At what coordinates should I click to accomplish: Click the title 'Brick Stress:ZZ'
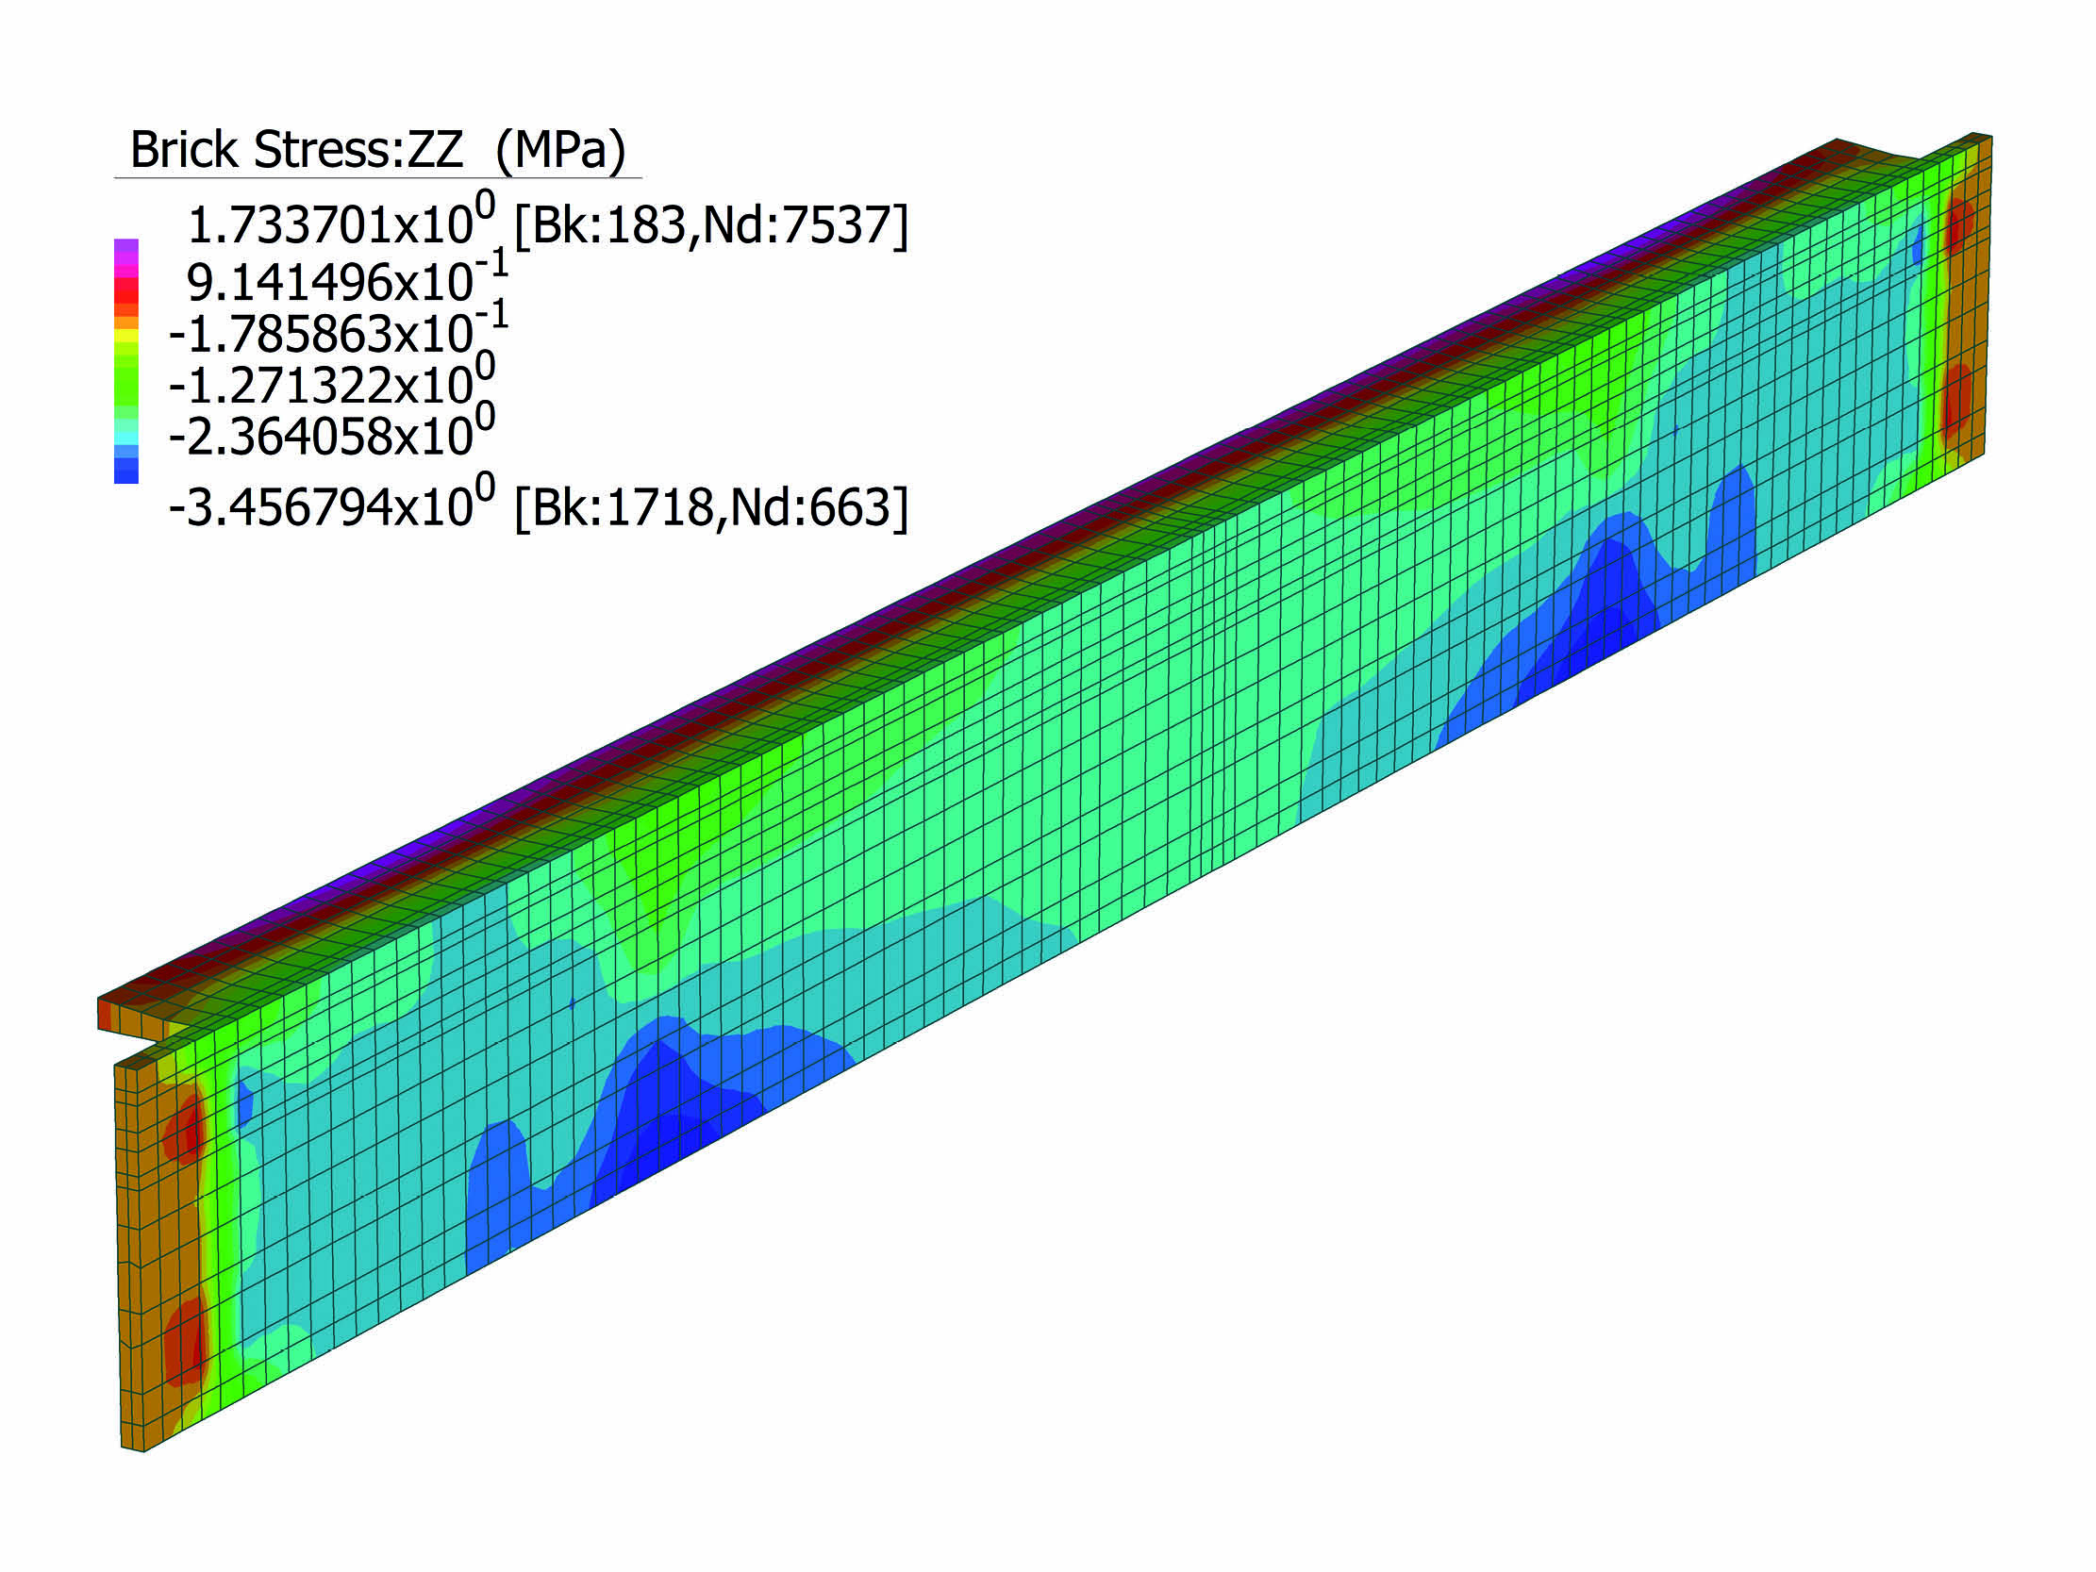point(295,150)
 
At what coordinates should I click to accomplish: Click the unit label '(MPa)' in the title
point(561,150)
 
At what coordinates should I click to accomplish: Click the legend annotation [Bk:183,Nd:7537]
point(710,224)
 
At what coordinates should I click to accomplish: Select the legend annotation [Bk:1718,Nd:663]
point(710,507)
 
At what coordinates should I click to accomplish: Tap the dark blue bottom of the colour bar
point(126,472)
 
